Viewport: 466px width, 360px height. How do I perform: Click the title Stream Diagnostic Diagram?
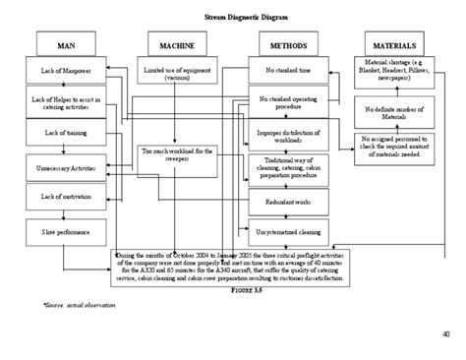[x=233, y=18]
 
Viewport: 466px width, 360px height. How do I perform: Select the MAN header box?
[x=66, y=46]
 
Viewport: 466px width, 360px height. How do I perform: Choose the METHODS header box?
[x=287, y=46]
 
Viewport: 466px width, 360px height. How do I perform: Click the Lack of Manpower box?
[x=66, y=72]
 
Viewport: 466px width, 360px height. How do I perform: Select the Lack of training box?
[x=66, y=132]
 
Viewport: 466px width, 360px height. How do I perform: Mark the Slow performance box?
[x=66, y=231]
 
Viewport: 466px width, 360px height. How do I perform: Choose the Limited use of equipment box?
[x=177, y=75]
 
